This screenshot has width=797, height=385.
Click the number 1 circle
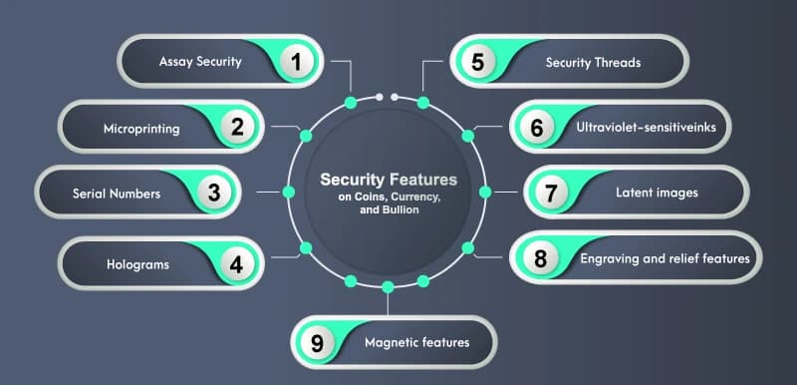[x=295, y=62]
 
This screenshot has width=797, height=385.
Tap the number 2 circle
[x=237, y=128]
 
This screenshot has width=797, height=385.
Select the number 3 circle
[x=213, y=193]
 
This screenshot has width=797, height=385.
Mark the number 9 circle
[x=318, y=343]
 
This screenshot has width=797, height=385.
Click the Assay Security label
[x=200, y=62]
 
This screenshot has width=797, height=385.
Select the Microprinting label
[x=141, y=129]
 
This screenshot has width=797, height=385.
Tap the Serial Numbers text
[x=117, y=193]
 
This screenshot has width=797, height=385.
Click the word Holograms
[x=137, y=265]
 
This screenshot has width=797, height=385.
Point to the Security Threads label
[x=593, y=62]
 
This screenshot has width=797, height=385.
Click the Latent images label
[x=657, y=192]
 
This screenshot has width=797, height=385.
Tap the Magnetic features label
[x=416, y=343]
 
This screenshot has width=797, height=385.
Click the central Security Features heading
[x=388, y=181]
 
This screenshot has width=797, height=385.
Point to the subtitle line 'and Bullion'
[x=388, y=210]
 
